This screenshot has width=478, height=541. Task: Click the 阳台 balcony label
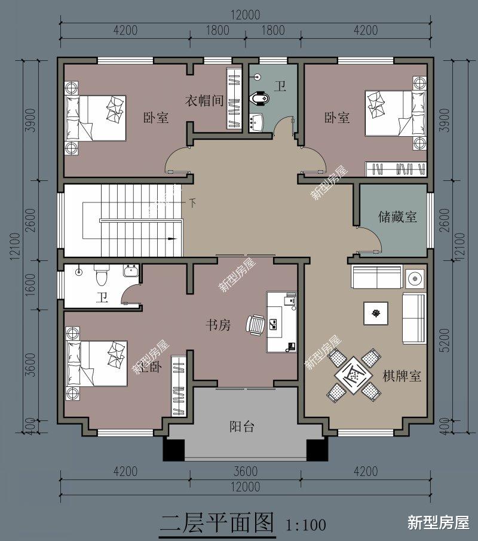242,426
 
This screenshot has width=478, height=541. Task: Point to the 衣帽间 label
203,100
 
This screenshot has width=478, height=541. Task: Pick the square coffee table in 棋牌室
375,313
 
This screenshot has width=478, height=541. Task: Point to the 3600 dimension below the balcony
245,471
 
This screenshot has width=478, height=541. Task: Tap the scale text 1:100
306,525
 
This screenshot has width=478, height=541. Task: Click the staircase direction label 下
192,202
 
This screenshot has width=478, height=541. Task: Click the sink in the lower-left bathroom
131,272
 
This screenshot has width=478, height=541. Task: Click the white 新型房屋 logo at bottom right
438,522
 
